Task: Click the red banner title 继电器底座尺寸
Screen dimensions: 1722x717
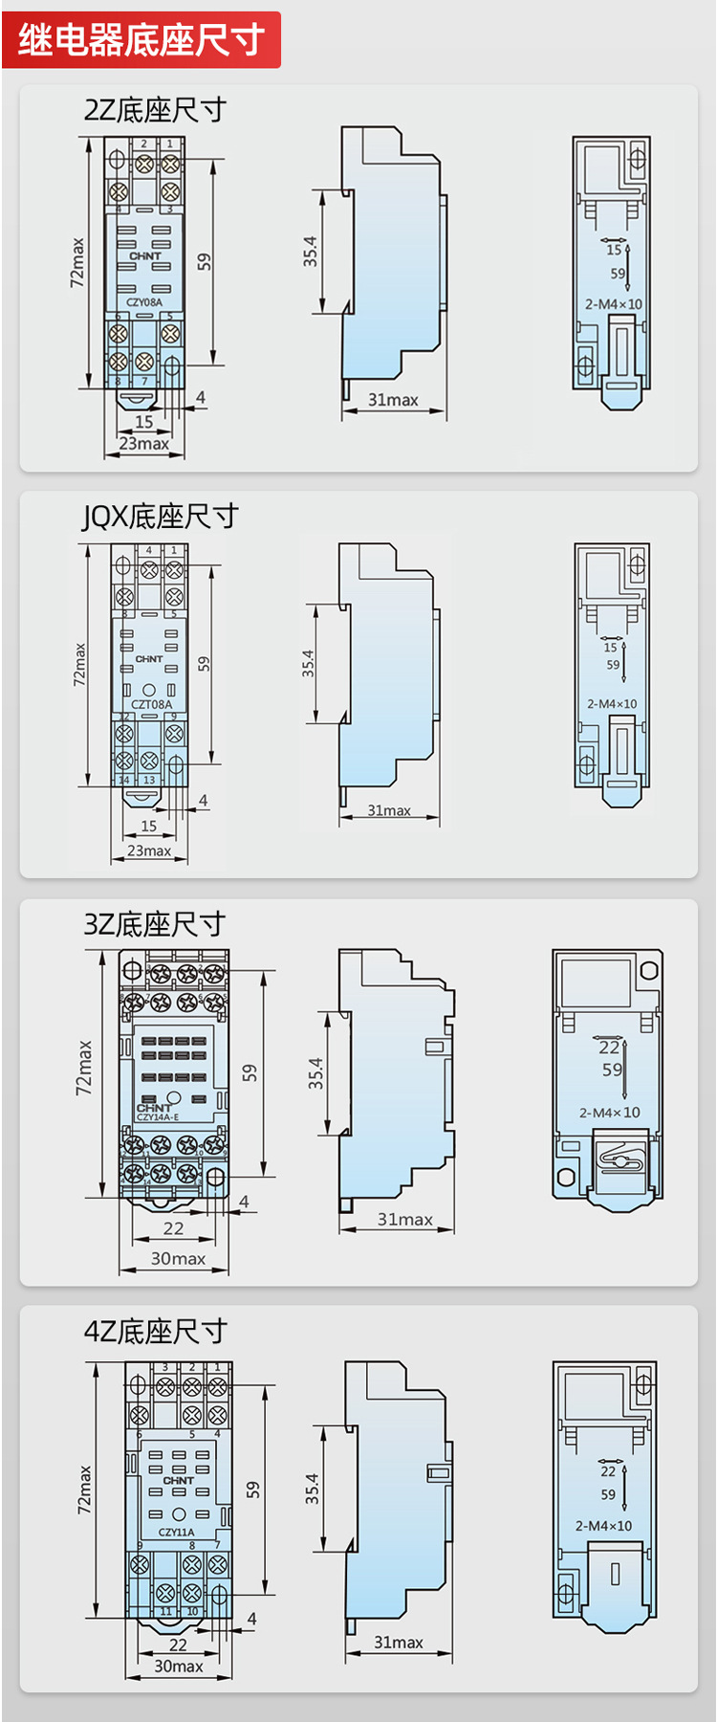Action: point(141,40)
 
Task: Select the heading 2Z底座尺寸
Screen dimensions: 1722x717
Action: point(155,110)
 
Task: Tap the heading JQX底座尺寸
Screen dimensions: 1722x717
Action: point(160,517)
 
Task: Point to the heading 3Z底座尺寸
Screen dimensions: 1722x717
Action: point(155,924)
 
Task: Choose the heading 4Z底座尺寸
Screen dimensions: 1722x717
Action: point(156,1331)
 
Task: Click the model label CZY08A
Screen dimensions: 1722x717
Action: point(144,302)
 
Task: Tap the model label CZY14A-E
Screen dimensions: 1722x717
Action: point(158,1116)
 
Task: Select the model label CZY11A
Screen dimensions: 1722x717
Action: point(177,1532)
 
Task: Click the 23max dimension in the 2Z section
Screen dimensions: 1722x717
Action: point(144,444)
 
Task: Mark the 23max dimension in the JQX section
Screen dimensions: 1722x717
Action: point(149,850)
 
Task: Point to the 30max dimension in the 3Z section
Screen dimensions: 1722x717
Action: point(178,1259)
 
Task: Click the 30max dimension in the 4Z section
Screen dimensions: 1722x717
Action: point(179,1667)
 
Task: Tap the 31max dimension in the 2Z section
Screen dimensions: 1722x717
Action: point(393,400)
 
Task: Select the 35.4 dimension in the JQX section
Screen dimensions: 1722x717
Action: point(308,664)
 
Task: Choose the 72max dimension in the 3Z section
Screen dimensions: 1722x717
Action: point(84,1068)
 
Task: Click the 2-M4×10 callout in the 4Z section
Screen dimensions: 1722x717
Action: point(603,1526)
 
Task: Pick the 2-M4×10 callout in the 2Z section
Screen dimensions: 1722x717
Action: point(614,304)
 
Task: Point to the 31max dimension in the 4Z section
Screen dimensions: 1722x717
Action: point(399,1643)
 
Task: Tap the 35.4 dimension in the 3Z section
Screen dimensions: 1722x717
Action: point(315,1073)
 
